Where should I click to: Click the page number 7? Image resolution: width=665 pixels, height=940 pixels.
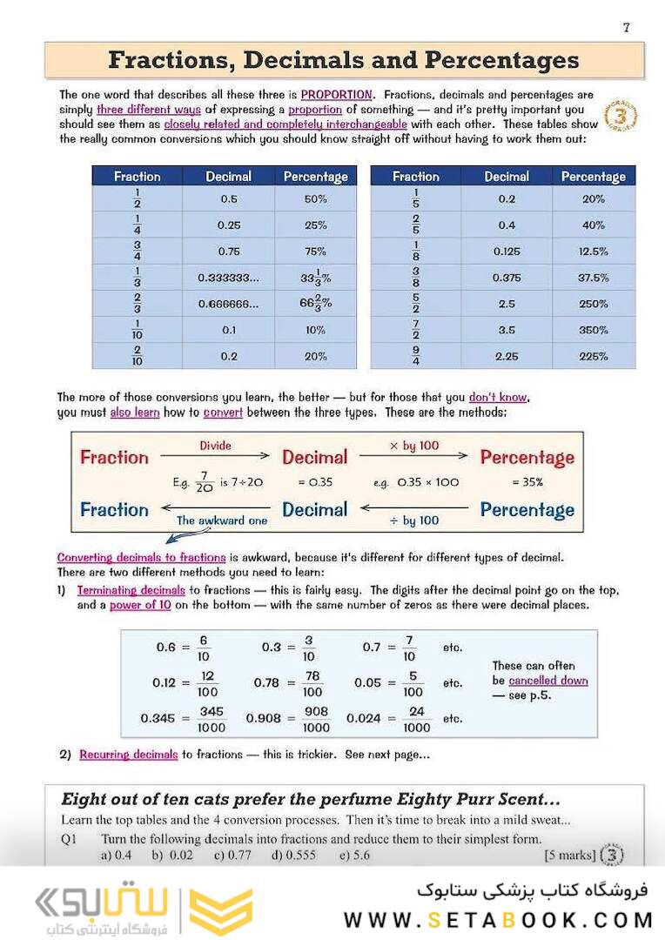(x=626, y=27)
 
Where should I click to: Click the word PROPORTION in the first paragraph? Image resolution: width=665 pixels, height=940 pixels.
(x=338, y=94)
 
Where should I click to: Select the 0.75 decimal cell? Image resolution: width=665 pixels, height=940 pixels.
(x=229, y=252)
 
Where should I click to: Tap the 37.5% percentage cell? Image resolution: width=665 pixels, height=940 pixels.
(x=593, y=278)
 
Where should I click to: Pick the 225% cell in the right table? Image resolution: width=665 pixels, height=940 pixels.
(x=593, y=356)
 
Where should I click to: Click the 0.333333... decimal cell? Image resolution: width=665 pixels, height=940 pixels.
(x=228, y=278)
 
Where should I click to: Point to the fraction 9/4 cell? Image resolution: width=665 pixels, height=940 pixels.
(x=415, y=356)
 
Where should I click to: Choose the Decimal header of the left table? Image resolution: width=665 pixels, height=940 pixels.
(x=228, y=176)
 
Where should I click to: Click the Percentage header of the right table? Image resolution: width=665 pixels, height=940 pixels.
(x=593, y=176)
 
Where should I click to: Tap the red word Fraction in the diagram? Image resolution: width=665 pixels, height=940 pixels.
(x=114, y=458)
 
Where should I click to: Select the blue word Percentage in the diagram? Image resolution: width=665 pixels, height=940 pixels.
(x=527, y=510)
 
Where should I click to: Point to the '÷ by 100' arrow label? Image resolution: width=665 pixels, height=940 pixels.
(x=414, y=520)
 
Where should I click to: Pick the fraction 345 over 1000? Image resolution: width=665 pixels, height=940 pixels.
(x=211, y=719)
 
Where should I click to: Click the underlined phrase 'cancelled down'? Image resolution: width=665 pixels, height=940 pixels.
(x=548, y=681)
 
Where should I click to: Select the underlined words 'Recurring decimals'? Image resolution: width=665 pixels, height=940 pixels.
(x=128, y=755)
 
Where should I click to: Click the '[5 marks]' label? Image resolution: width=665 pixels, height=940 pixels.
(x=570, y=856)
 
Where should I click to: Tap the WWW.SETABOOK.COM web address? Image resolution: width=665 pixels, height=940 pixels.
(x=498, y=919)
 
